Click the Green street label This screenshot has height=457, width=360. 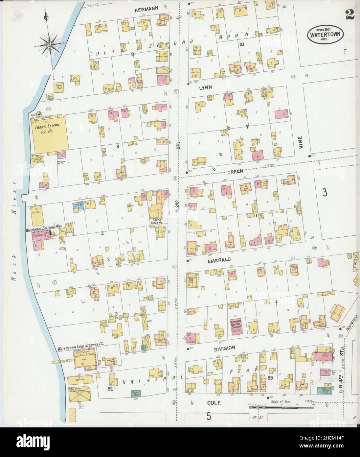[236, 171]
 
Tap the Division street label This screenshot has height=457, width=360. [225, 348]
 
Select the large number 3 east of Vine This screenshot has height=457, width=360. [325, 193]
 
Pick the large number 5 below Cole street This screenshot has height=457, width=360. [208, 416]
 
